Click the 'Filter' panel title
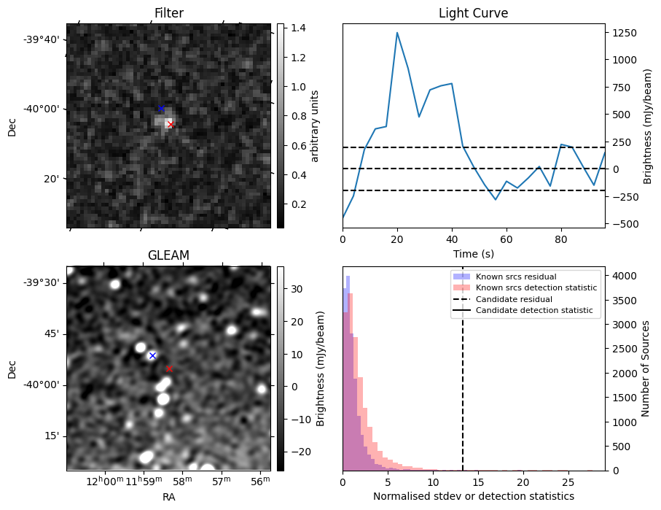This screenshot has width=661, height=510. [x=168, y=13]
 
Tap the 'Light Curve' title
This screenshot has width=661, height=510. [x=473, y=13]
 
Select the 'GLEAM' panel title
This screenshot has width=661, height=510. [x=168, y=255]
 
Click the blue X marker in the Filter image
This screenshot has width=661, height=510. [x=161, y=109]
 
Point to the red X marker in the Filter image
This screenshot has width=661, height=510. [x=171, y=125]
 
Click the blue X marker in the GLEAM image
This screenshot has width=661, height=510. [x=152, y=355]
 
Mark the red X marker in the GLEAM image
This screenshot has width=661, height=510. [x=169, y=369]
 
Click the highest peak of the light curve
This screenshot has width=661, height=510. [x=397, y=33]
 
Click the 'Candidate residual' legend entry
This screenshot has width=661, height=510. [x=514, y=300]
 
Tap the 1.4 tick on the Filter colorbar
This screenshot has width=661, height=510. [x=295, y=28]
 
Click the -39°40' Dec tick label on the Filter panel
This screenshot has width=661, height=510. [x=44, y=39]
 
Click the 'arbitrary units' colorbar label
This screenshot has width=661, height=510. [x=315, y=125]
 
